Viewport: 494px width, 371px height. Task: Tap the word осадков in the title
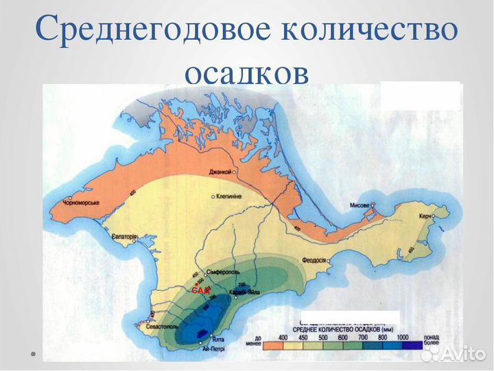246,71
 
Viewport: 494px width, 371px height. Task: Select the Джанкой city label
215,170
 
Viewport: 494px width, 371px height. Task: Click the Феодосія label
315,261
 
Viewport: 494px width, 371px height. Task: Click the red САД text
200,291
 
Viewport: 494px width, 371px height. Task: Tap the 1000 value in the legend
401,338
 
